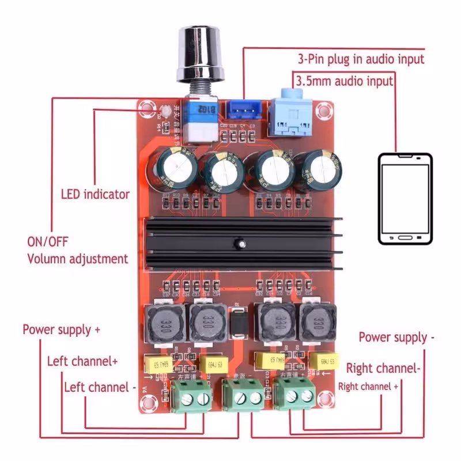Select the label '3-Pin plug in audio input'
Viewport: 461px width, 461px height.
point(361,59)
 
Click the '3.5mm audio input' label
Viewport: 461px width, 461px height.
point(344,81)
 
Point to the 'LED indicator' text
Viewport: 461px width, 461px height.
point(95,194)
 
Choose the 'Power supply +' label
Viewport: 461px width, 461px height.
point(62,330)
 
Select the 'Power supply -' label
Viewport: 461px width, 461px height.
point(393,337)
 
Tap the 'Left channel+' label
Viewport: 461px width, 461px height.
point(82,361)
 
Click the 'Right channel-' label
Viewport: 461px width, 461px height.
point(382,368)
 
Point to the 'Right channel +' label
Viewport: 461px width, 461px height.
point(368,386)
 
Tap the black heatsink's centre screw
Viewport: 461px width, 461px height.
point(237,245)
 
